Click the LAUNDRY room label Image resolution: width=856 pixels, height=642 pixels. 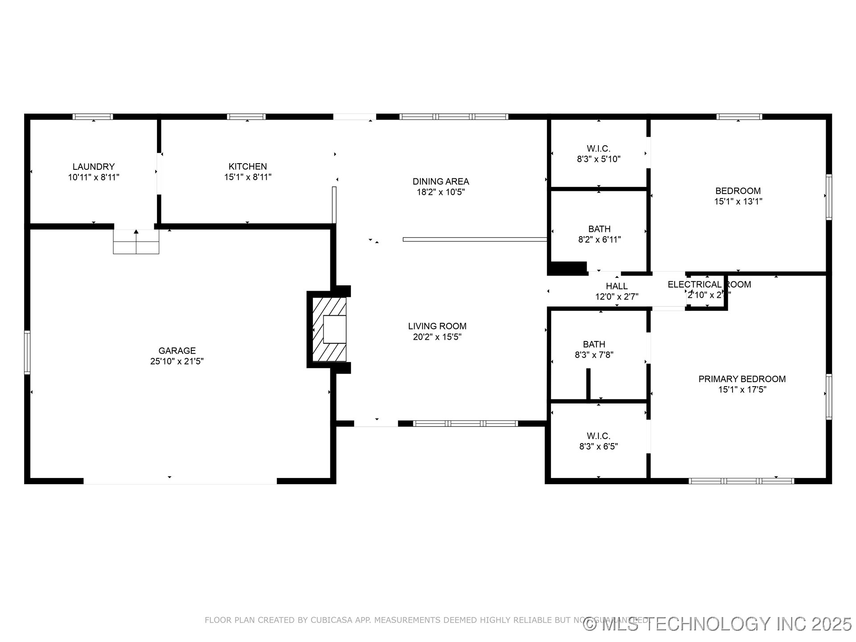coord(94,167)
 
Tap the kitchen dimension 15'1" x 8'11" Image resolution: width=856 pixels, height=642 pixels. coord(247,177)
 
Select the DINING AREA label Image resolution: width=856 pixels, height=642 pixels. coord(440,181)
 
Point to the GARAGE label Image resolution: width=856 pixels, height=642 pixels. coord(177,351)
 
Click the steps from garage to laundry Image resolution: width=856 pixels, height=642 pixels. coord(136,242)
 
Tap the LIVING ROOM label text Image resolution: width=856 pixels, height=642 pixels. coord(437,326)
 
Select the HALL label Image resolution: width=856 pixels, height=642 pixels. coord(617,286)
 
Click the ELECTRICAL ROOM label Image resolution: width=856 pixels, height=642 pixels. coord(709,284)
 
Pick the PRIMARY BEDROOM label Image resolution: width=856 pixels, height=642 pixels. coord(742,379)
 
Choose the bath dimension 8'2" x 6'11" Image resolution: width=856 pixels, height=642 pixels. coord(599,240)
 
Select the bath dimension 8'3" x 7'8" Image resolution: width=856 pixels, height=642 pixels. coord(594,355)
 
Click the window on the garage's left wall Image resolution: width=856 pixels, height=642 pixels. coord(27,352)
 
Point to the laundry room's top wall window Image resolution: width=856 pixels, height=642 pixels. coord(93,117)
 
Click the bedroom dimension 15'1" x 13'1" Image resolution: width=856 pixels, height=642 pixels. coord(738,202)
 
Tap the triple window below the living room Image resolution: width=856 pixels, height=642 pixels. coord(465,424)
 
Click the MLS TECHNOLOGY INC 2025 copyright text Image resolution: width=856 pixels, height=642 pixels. coord(718,624)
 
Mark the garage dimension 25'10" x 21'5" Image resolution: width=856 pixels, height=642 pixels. coord(177,362)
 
